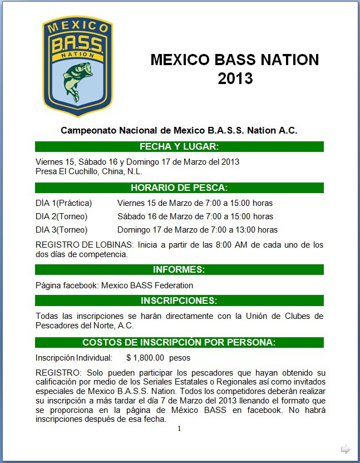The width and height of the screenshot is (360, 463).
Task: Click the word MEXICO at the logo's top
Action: click(x=77, y=28)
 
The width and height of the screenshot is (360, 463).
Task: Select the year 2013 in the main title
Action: click(x=235, y=78)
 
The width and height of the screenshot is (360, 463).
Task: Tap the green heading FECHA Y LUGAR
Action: click(x=179, y=147)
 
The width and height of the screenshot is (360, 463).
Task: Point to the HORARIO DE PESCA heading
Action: click(x=179, y=188)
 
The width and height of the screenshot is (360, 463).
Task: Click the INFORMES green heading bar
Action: click(x=179, y=270)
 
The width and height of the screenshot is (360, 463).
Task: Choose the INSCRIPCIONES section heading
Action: click(x=179, y=301)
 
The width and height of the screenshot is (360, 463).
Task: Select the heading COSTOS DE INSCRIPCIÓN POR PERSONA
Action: click(x=179, y=342)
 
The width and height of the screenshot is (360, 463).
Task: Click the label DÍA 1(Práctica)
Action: click(x=63, y=203)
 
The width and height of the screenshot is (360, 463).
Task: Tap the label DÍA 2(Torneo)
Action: click(x=61, y=216)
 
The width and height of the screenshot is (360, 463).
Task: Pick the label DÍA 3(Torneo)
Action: click(x=61, y=230)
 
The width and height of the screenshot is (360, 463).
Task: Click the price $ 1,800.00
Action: click(x=145, y=358)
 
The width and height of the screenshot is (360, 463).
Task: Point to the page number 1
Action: click(x=179, y=428)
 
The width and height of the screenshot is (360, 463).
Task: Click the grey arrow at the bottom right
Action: click(x=346, y=449)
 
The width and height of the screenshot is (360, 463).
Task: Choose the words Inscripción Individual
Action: click(x=74, y=358)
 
